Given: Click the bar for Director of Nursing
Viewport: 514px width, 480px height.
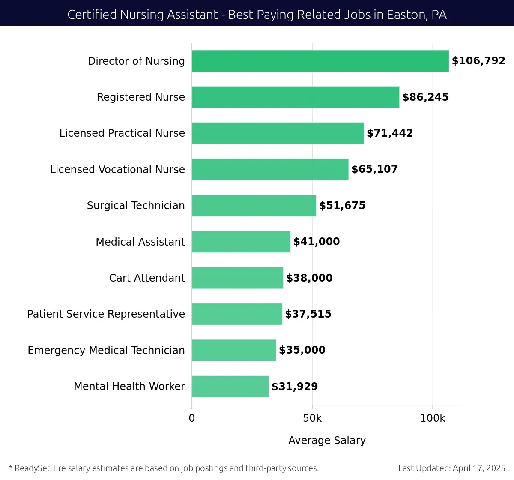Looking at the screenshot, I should pyautogui.click(x=320, y=61).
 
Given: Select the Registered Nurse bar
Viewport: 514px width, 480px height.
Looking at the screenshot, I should pyautogui.click(x=296, y=97).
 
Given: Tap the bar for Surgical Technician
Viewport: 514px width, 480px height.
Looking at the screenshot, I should pyautogui.click(x=254, y=205).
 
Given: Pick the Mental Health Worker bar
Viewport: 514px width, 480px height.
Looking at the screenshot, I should pyautogui.click(x=230, y=386).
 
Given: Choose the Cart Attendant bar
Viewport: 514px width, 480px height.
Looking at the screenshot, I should pyautogui.click(x=237, y=278).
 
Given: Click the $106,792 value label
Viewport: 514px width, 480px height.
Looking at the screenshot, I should pyautogui.click(x=478, y=61).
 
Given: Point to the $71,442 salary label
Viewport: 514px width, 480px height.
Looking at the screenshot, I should pyautogui.click(x=390, y=133).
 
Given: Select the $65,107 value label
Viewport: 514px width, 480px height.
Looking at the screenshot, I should pyautogui.click(x=374, y=169).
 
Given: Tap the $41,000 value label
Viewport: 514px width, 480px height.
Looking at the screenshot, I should pyautogui.click(x=317, y=242).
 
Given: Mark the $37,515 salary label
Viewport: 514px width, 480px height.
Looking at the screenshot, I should pyautogui.click(x=308, y=314).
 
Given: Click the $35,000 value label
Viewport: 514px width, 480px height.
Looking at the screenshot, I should pyautogui.click(x=302, y=350).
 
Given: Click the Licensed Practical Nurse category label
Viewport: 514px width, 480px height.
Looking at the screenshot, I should pyautogui.click(x=122, y=133).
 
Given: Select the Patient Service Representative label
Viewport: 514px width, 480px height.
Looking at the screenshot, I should pyautogui.click(x=106, y=314).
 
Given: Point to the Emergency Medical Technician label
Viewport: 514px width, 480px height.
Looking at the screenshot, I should pyautogui.click(x=106, y=350).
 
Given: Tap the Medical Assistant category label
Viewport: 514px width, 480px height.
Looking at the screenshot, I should pyautogui.click(x=140, y=242).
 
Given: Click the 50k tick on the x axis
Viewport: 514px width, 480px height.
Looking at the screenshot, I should pyautogui.click(x=312, y=418).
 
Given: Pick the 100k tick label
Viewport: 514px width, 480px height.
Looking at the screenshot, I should pyautogui.click(x=433, y=418).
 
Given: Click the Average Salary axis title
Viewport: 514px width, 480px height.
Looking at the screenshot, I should pyautogui.click(x=327, y=440).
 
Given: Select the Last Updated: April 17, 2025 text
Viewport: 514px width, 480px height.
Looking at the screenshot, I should pyautogui.click(x=451, y=468).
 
